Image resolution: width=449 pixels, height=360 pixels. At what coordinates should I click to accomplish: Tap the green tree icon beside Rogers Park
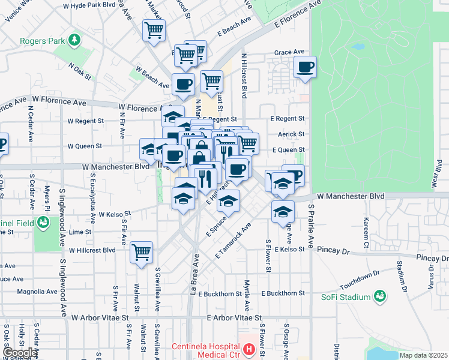74,40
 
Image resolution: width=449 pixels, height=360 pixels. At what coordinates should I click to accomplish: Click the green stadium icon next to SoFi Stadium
379,295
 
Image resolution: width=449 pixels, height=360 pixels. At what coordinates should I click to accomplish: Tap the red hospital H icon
249,347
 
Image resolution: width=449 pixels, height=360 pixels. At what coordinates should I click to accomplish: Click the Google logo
19,353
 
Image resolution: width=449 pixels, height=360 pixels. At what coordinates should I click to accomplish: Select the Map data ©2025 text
423,355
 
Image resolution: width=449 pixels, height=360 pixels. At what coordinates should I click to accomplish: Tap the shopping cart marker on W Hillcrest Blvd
142,252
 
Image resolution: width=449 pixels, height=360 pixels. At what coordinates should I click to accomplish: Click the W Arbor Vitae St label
100,316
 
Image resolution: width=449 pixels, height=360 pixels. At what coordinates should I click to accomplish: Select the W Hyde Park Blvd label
88,5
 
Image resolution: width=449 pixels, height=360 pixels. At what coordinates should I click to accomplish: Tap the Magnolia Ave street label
37,292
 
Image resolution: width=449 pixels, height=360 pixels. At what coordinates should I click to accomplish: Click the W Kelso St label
115,214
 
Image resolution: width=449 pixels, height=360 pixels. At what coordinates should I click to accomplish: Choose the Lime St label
79,232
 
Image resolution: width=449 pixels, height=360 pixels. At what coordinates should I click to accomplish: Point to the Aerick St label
292,134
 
